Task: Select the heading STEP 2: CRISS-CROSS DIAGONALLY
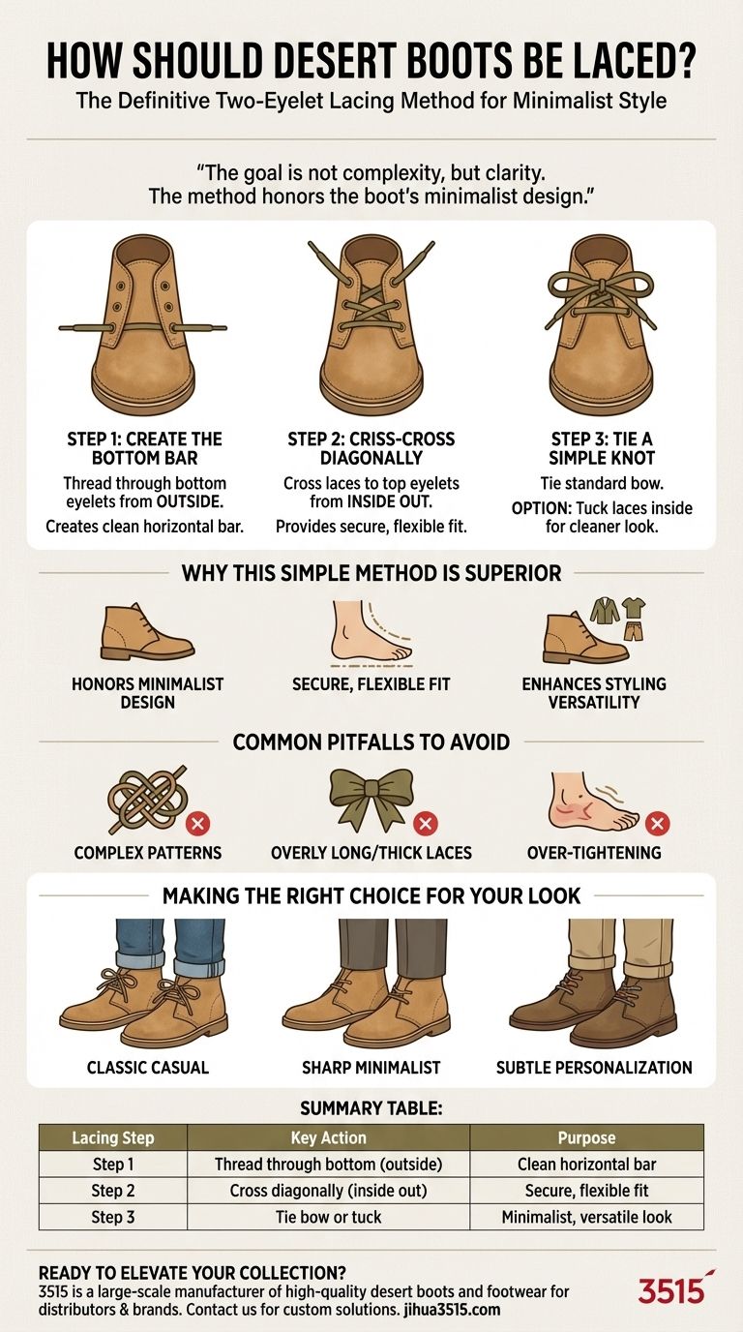click(x=371, y=448)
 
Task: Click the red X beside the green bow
click(x=425, y=824)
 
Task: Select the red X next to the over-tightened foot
click(x=657, y=824)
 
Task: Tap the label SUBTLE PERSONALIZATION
click(x=594, y=1068)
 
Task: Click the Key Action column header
click(x=329, y=1138)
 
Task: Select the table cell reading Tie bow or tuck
click(x=329, y=1217)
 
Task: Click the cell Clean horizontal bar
click(x=586, y=1165)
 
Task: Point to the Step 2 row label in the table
click(x=113, y=1191)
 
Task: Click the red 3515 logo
click(x=675, y=1289)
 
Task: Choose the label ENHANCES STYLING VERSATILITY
click(x=594, y=693)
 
